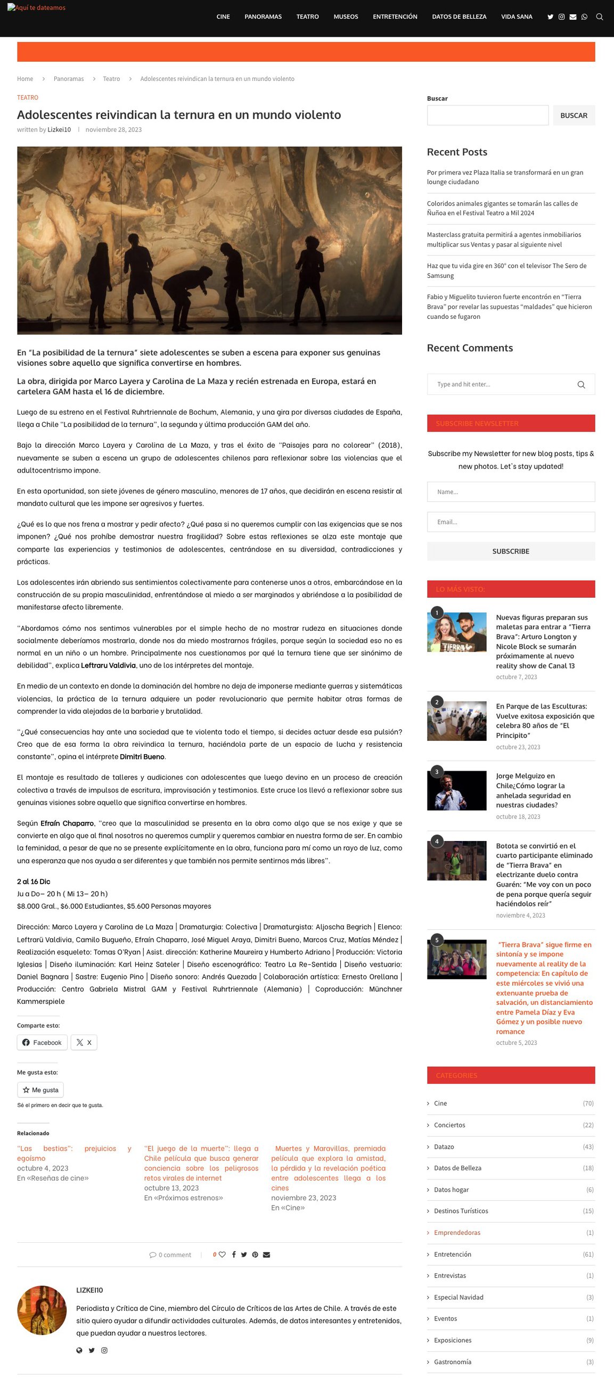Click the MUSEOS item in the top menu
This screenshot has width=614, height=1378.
[x=346, y=16]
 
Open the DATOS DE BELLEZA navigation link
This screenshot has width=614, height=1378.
[x=459, y=16]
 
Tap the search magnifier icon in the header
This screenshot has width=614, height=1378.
[x=600, y=17]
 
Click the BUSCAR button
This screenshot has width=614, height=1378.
[x=574, y=115]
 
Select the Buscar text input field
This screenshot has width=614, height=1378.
[x=487, y=115]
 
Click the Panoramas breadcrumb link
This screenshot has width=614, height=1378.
[x=69, y=79]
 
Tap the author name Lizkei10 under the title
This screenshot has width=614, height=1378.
[x=59, y=130]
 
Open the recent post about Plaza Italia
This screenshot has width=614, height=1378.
[x=504, y=177]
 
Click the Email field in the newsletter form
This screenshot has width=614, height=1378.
[x=510, y=522]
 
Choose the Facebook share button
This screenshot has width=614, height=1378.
[x=42, y=1043]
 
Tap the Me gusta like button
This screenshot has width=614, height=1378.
[x=40, y=1090]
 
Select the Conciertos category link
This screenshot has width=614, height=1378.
[x=449, y=1125]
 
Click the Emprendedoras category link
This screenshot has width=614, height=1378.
[x=456, y=1233]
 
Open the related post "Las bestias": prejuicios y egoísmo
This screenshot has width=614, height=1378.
[x=74, y=1153]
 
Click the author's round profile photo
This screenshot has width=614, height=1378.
[x=42, y=1310]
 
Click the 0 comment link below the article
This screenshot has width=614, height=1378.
[x=170, y=1255]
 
